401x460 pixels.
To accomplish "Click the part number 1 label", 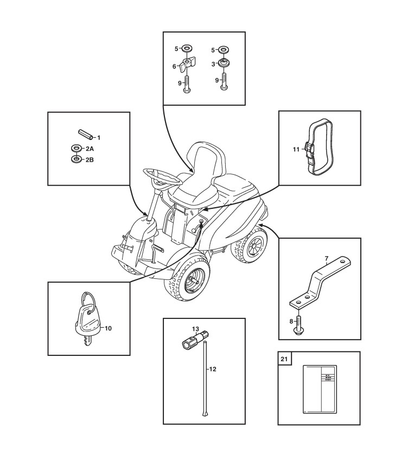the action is point(99,138).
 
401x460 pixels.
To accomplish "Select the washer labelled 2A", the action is point(75,148).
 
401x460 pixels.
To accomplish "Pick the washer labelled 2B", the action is point(75,159).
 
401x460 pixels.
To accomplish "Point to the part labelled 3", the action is point(222,63).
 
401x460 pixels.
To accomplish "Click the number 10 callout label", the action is point(108,328).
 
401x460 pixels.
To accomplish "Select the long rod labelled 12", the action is point(206,380).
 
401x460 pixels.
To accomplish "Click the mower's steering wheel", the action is point(157,175).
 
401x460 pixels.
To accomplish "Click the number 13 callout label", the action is point(195,329).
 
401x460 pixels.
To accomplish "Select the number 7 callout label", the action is point(327,258).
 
